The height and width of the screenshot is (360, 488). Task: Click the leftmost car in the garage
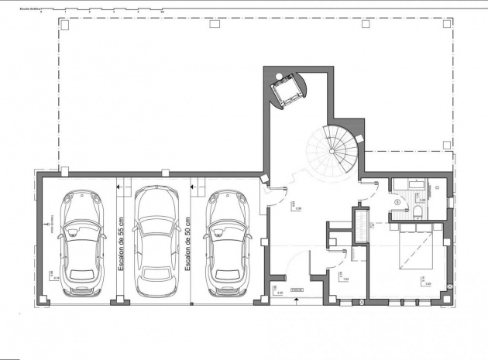coord(81,244)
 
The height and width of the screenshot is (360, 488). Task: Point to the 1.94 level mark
coord(346,280)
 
